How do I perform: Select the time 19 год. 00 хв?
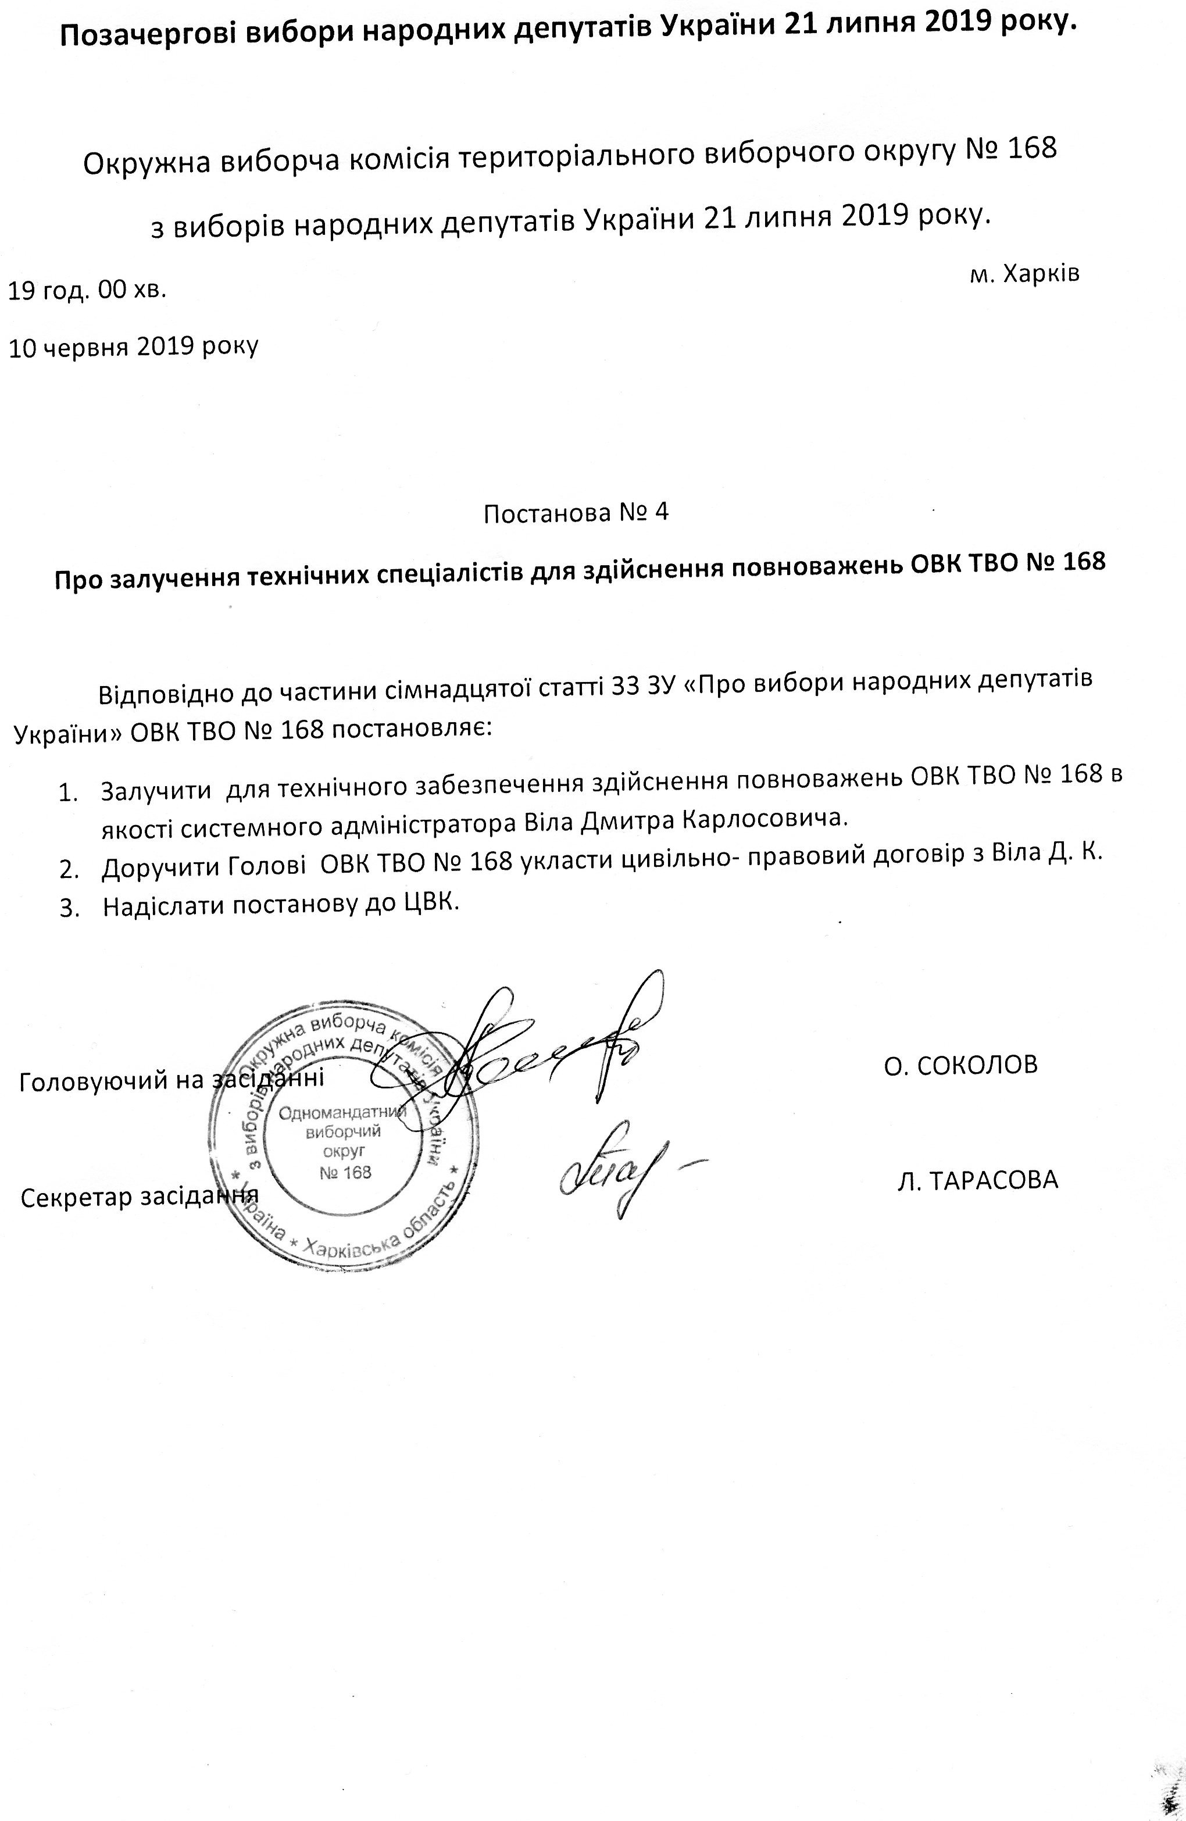click(87, 291)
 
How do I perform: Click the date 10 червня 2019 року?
click(133, 347)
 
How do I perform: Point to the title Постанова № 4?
click(576, 513)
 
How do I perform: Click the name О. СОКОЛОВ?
click(960, 1065)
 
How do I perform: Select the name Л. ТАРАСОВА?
click(977, 1180)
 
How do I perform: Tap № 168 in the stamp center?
click(345, 1172)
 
